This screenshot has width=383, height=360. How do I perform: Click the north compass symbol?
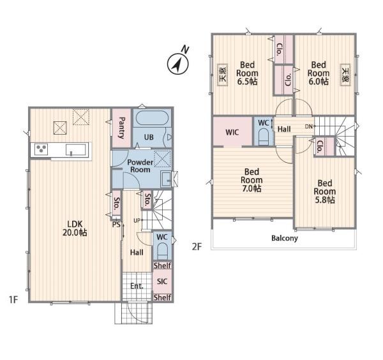point(178,64)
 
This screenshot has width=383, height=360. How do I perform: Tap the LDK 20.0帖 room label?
point(75,229)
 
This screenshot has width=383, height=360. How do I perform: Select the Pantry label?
point(121,128)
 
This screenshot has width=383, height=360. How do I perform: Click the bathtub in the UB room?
point(152,118)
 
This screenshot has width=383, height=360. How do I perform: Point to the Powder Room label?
point(140,166)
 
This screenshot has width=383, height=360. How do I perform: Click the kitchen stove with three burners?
point(41,149)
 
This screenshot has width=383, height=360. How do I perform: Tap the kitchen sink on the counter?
point(76,150)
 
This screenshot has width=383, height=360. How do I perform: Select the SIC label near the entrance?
point(162,281)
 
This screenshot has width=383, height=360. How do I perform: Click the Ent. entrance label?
point(137,286)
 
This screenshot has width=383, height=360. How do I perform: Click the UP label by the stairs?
point(137,220)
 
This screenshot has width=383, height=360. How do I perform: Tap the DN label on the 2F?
point(309,126)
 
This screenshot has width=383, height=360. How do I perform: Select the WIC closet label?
point(232,132)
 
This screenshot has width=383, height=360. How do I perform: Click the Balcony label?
point(285,238)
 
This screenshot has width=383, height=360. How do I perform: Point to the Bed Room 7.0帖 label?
point(252,180)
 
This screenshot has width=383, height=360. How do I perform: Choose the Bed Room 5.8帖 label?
point(325,191)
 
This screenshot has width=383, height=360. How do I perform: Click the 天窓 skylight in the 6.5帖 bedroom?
point(223,75)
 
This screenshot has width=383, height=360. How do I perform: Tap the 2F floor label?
point(197,246)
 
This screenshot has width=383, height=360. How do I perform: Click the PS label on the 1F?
point(117,225)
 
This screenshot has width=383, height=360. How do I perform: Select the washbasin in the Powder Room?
point(166,179)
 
